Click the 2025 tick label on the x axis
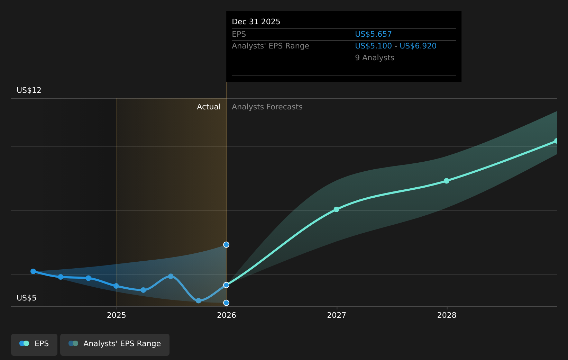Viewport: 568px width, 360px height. [x=117, y=315]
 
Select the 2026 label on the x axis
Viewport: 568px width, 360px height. [x=227, y=315]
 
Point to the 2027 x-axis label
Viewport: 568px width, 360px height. [x=337, y=315]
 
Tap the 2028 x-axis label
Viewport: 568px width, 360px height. [x=447, y=315]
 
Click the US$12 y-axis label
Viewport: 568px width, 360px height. [x=29, y=90]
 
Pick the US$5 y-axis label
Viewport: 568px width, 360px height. [x=27, y=298]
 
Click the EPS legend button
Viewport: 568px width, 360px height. [x=34, y=344]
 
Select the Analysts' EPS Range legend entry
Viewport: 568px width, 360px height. [x=115, y=344]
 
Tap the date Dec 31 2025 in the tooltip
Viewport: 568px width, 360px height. [x=256, y=22]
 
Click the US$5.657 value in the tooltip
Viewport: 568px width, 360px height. [x=373, y=34]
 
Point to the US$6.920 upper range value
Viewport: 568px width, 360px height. [x=418, y=46]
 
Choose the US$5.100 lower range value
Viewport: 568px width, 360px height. [x=373, y=46]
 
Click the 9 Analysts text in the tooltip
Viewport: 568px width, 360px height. [x=375, y=58]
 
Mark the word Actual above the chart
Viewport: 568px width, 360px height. [x=209, y=107]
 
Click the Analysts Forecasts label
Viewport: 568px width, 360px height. [x=267, y=107]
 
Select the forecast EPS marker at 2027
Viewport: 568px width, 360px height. [x=336, y=209]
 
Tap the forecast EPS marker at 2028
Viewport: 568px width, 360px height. [x=447, y=181]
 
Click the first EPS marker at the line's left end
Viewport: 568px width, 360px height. [x=33, y=271]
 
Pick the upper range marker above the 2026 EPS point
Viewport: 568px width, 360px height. [x=226, y=245]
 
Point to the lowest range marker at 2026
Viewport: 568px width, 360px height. [x=226, y=303]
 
